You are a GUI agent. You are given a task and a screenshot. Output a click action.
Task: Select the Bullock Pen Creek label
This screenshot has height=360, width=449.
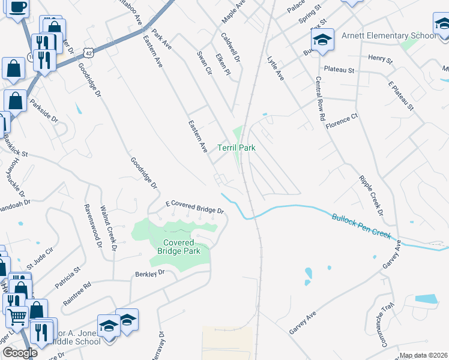[x=361, y=225]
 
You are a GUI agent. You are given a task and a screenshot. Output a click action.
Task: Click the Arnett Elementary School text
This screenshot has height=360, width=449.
[x=389, y=35]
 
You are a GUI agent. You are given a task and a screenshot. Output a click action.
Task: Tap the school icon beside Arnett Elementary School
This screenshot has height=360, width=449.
[x=322, y=40]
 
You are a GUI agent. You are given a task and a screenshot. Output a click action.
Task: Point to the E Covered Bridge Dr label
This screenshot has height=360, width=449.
[x=194, y=208]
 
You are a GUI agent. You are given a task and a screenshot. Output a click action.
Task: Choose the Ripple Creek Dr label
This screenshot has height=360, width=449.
[x=370, y=195]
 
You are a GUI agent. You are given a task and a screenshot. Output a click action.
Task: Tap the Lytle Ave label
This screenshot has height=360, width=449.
[x=276, y=69]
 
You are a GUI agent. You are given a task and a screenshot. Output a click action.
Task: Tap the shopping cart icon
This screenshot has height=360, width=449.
[x=17, y=316]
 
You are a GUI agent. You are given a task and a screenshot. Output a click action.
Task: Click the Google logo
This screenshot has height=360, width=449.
[x=20, y=352]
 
